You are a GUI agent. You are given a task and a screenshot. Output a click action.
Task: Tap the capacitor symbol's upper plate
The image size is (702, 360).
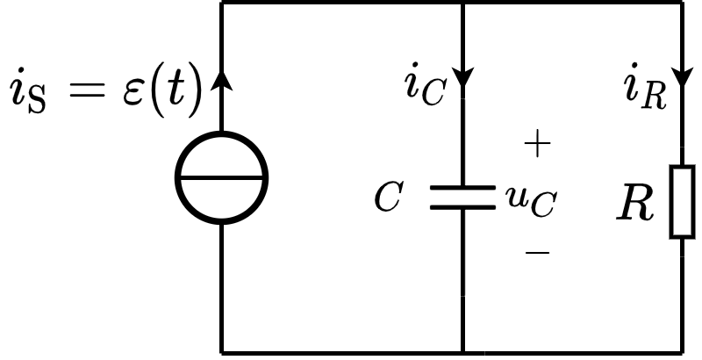point(462,187)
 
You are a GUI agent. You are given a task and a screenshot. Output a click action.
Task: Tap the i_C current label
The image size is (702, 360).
point(425,87)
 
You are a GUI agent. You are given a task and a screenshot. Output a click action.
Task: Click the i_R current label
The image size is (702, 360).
point(646,88)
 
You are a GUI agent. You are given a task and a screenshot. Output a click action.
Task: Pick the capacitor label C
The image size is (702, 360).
point(387,198)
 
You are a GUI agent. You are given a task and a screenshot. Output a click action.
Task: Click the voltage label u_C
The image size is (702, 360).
point(530,201)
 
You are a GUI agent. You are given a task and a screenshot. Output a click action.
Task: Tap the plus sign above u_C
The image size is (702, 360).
point(536,145)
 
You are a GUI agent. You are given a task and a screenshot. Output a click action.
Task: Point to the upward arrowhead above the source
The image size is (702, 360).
point(221,81)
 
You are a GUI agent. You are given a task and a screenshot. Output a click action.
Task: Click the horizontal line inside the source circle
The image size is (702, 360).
point(221,177)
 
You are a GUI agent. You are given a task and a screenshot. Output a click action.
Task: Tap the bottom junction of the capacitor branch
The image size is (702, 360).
point(462,352)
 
